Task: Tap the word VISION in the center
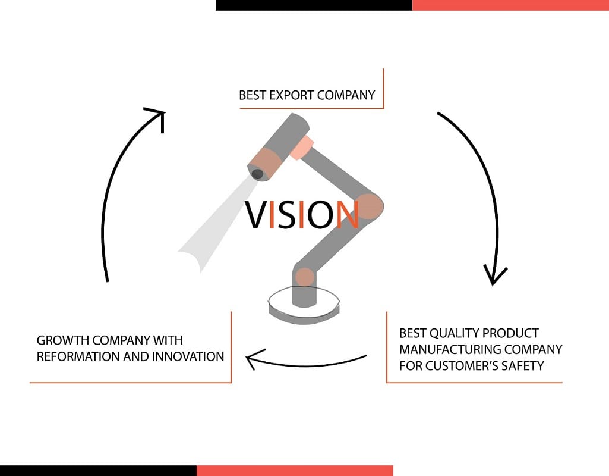[302, 214]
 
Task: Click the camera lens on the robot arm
[257, 174]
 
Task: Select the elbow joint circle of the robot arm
[368, 206]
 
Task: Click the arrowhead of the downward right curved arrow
[494, 275]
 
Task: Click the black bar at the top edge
[314, 5]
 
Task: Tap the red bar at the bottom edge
[295, 471]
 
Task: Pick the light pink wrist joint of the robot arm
[301, 148]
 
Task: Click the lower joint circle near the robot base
[304, 277]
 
